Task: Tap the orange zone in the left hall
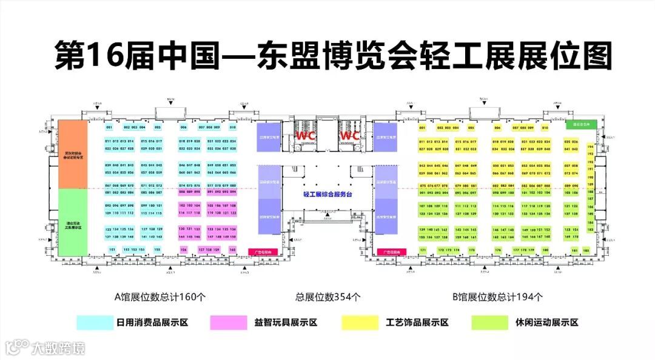73,153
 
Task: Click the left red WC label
305,135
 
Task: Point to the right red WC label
349,135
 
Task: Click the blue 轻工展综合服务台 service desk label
327,194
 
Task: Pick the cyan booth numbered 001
109,127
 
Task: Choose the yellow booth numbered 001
423,128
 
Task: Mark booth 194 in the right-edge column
590,146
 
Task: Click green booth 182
587,249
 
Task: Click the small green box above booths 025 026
582,124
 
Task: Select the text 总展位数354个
327,297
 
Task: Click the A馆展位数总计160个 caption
161,297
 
